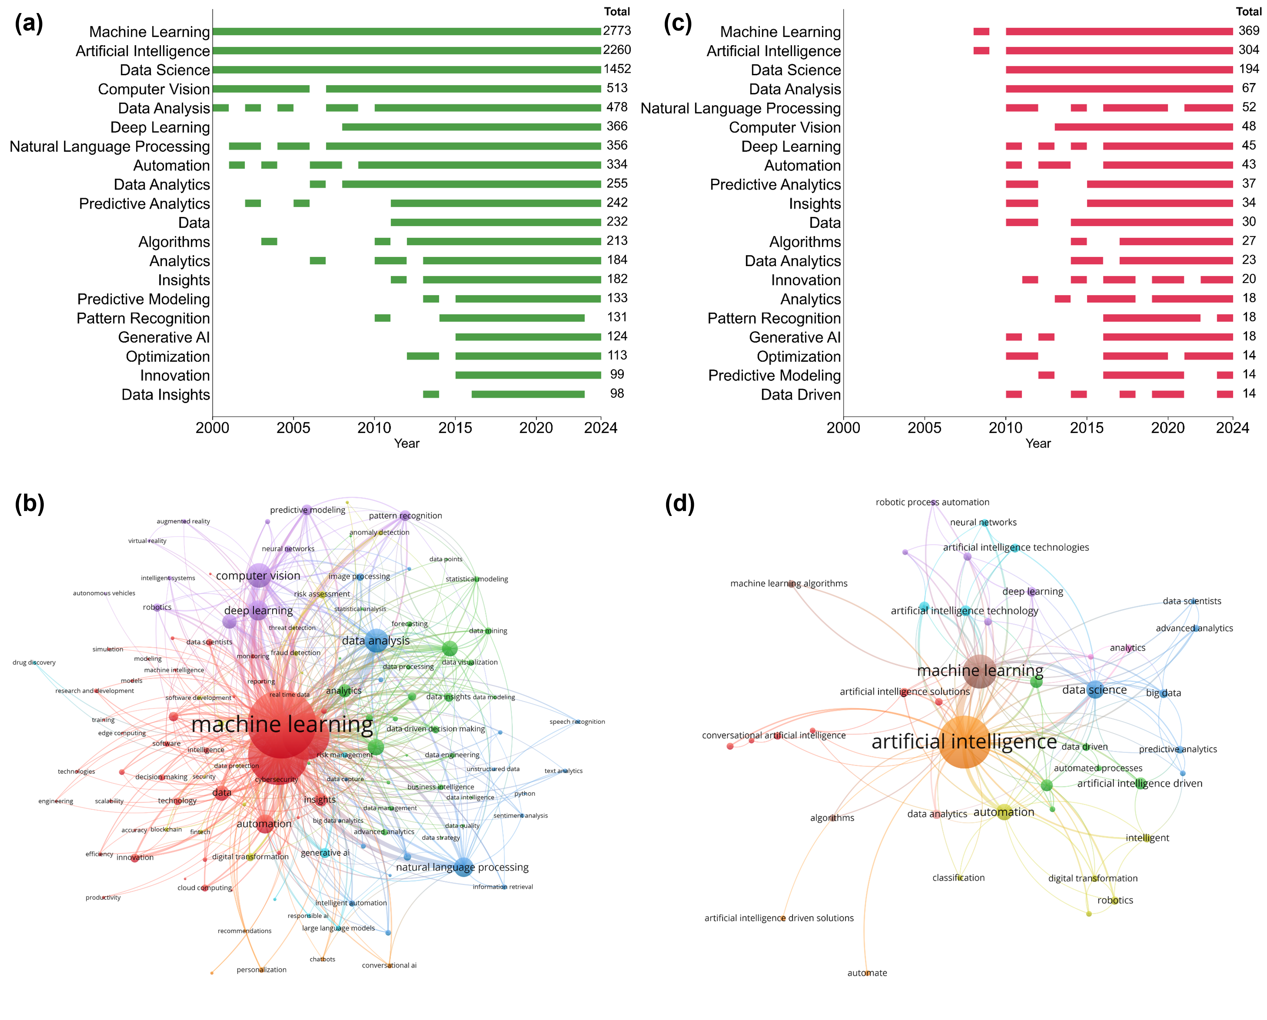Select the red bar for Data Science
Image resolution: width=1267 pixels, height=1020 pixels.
tap(1119, 70)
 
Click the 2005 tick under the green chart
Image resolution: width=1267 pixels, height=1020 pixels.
tap(293, 427)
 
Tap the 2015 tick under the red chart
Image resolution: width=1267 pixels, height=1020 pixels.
tap(1087, 427)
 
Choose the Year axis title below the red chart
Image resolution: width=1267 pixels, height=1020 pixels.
tap(1038, 443)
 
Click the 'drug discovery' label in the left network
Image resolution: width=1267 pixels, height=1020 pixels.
tap(34, 663)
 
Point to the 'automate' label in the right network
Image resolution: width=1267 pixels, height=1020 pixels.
tap(867, 973)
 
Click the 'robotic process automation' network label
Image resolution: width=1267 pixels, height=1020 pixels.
tap(932, 502)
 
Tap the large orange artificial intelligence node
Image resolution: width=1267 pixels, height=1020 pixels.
tap(964, 742)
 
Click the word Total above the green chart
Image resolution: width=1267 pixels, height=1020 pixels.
tap(617, 12)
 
